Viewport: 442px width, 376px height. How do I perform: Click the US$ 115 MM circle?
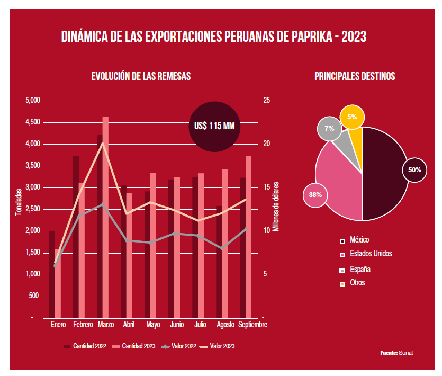pos(214,126)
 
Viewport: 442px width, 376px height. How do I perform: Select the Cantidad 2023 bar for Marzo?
pos(105,217)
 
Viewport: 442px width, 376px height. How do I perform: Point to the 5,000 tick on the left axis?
pos(33,101)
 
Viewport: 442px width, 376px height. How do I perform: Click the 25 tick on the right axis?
pos(266,101)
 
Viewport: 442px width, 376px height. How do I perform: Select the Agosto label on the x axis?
pos(225,324)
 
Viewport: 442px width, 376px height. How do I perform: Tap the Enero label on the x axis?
pos(58,324)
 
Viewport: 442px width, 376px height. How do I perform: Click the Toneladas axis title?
pos(19,202)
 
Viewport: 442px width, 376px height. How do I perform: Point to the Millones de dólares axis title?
pos(276,207)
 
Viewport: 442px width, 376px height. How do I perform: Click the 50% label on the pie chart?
pos(414,170)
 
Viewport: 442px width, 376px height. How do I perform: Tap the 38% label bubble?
pos(315,195)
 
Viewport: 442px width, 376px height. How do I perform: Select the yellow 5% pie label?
pos(352,117)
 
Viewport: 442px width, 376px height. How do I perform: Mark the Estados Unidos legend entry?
pos(371,254)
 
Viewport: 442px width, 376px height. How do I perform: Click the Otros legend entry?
pos(357,283)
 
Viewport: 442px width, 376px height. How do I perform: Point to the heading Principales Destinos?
pos(355,76)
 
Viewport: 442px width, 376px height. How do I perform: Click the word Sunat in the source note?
pos(405,353)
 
